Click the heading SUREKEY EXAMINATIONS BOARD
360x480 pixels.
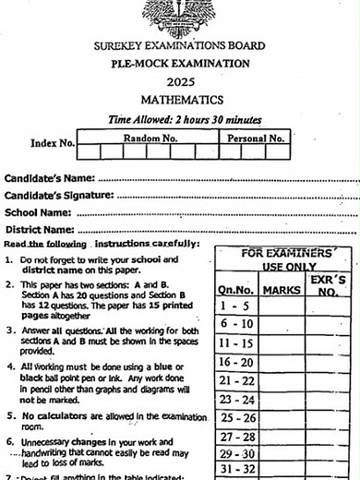pyautogui.click(x=179, y=45)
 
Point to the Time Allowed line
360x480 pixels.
pyautogui.click(x=185, y=119)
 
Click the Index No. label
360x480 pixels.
pyautogui.click(x=53, y=143)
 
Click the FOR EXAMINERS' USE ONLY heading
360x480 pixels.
pyautogui.click(x=287, y=258)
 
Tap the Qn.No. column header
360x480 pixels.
pyautogui.click(x=235, y=291)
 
